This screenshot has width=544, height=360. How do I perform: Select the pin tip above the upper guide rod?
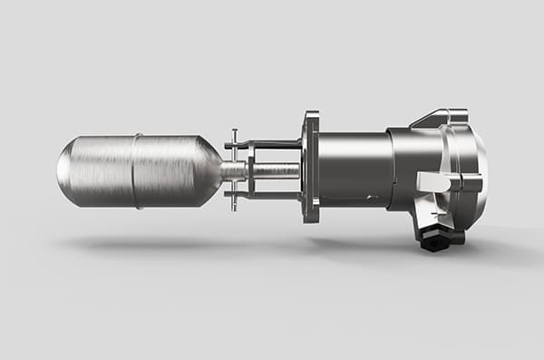(x=234, y=132)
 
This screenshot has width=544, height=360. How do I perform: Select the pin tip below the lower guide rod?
(x=234, y=208)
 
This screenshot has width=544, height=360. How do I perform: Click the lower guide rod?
(x=272, y=195)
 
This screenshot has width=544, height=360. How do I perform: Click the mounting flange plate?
(x=311, y=169)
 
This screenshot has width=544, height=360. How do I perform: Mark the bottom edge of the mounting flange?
(x=312, y=219)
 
